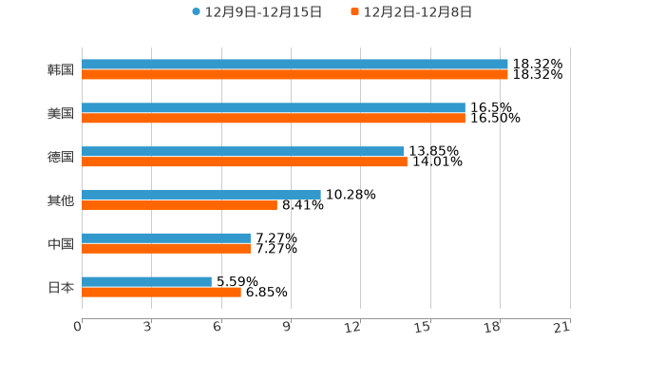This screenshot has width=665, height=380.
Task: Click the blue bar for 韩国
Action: (294, 65)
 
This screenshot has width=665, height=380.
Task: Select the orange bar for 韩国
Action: (294, 75)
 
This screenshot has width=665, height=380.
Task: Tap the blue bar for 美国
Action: (274, 108)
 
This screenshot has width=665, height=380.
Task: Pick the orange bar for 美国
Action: (274, 119)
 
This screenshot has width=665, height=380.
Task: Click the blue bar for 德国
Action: (242, 151)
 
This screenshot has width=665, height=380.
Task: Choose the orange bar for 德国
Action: (244, 161)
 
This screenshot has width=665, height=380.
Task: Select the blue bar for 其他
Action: (201, 194)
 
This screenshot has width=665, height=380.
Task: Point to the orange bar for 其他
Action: (180, 204)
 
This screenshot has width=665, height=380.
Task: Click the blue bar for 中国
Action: (166, 237)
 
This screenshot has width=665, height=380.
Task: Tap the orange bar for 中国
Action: (166, 248)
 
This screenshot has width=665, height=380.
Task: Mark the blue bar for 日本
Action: (146, 281)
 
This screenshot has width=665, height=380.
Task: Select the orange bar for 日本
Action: (161, 292)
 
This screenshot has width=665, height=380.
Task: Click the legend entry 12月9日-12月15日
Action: (256, 12)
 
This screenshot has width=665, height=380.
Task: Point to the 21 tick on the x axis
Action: (561, 328)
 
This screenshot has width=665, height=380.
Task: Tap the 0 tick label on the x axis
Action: (78, 328)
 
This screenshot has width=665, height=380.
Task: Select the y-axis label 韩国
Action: (61, 70)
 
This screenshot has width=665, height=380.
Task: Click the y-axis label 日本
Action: (61, 287)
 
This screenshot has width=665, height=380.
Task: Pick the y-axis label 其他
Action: (61, 200)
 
